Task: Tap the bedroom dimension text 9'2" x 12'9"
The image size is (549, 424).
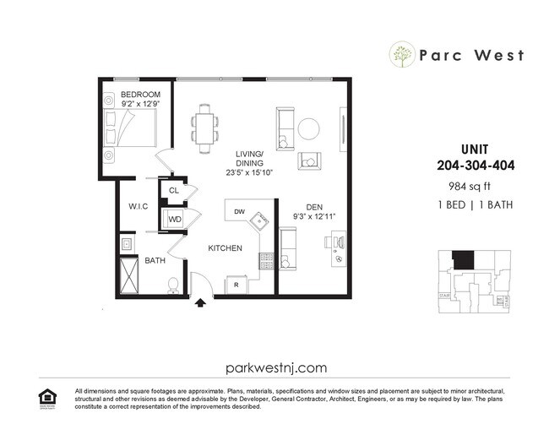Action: pyautogui.click(x=139, y=104)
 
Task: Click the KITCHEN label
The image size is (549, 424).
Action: pyautogui.click(x=226, y=248)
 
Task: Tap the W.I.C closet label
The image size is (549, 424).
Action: pyautogui.click(x=139, y=206)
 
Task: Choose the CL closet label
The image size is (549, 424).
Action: pyautogui.click(x=174, y=191)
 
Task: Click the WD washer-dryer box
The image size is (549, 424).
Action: pyautogui.click(x=175, y=220)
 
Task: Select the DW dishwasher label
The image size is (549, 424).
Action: pyautogui.click(x=239, y=212)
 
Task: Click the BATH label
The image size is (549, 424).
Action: pyautogui.click(x=155, y=261)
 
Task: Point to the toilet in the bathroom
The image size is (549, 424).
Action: pyautogui.click(x=173, y=285)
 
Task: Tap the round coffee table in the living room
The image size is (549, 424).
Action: pyautogui.click(x=309, y=128)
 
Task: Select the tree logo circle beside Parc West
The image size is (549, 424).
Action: pyautogui.click(x=401, y=56)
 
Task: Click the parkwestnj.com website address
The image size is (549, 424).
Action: pyautogui.click(x=276, y=367)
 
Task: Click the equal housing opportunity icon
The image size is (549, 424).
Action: pyautogui.click(x=45, y=396)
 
